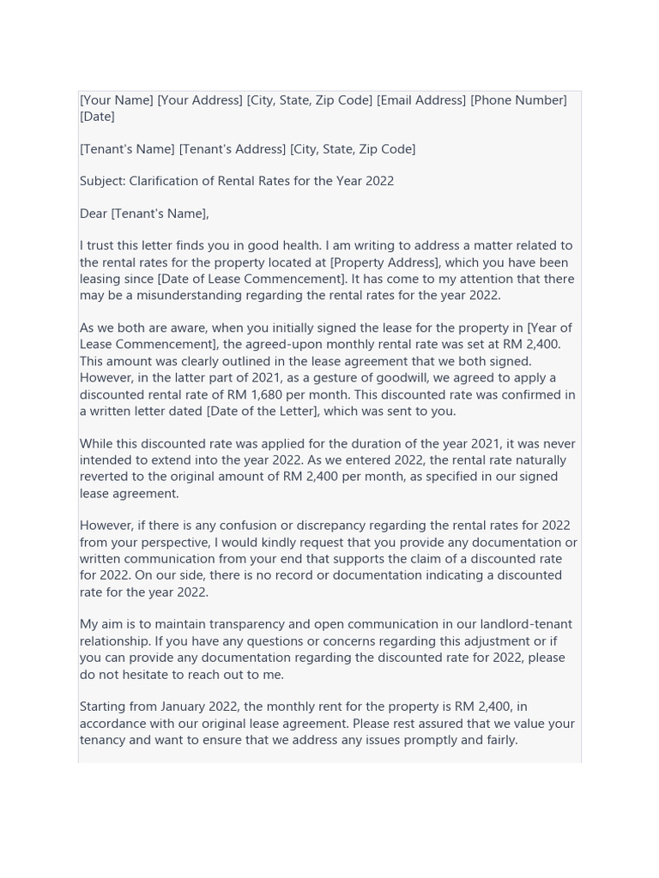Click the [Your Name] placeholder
pos(117,100)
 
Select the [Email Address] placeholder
pos(421,100)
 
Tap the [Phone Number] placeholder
pos(518,100)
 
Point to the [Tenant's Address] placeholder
pos(232,149)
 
